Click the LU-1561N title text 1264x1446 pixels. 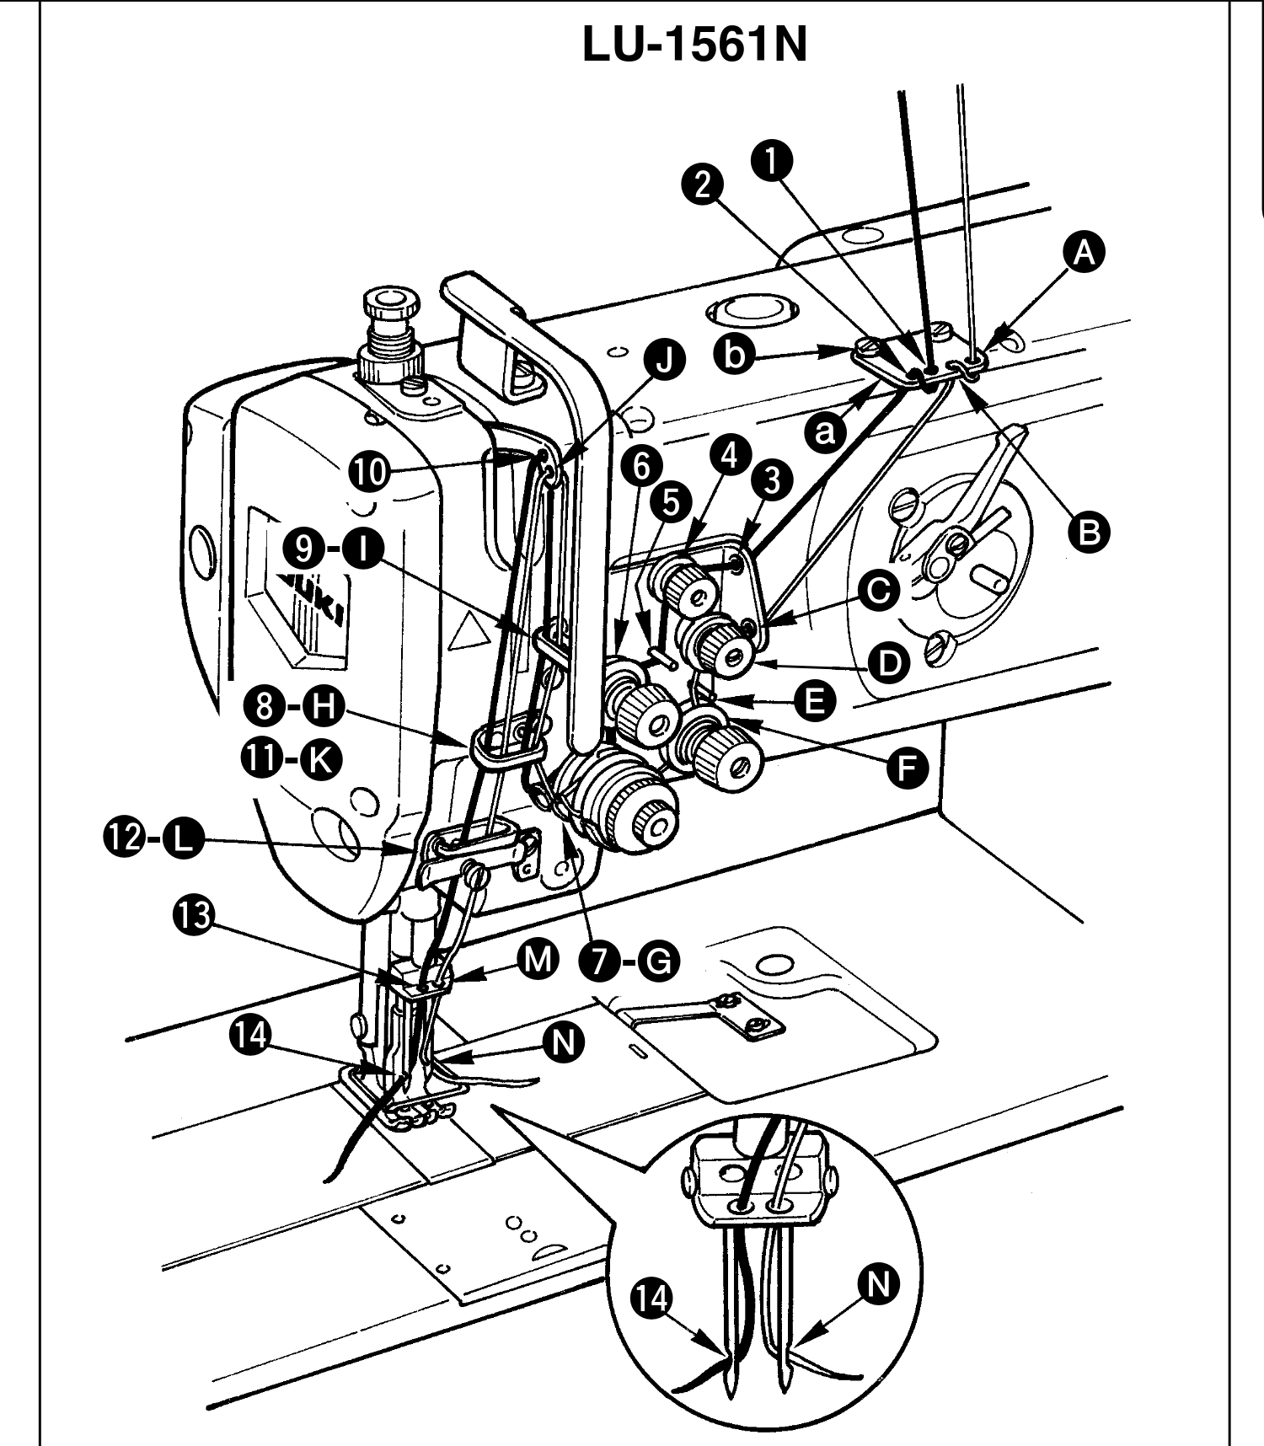(x=694, y=46)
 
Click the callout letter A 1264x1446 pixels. (x=1085, y=252)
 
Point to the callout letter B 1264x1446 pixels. (x=1089, y=532)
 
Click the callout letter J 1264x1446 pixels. (x=665, y=361)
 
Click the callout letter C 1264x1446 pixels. (x=878, y=591)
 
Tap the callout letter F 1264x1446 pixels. (x=907, y=769)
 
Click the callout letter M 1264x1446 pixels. (x=539, y=960)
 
